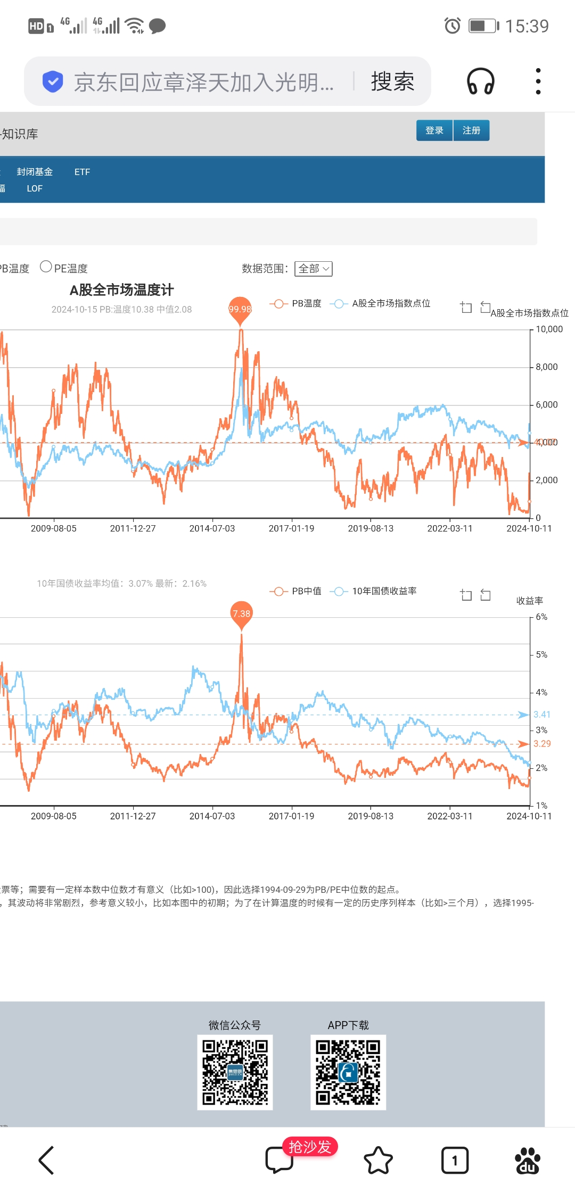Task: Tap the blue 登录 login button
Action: coord(434,131)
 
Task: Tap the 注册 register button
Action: coord(471,131)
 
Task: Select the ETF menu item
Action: coord(82,172)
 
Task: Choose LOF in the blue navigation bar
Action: coord(35,188)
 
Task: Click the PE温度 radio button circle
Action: coord(46,267)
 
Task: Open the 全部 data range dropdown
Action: coord(314,269)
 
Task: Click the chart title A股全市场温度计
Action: coord(121,290)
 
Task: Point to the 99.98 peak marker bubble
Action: coord(240,309)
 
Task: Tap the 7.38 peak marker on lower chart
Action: coord(241,613)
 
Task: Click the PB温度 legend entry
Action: coord(296,303)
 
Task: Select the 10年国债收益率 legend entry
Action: coord(374,591)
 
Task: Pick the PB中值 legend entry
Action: coord(296,591)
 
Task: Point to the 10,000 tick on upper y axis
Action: coord(549,329)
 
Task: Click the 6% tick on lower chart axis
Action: coord(541,617)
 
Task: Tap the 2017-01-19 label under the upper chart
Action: coord(291,528)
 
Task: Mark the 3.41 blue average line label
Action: coord(542,715)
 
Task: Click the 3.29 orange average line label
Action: coord(542,744)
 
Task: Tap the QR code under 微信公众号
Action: coord(235,1072)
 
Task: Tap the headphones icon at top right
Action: coord(480,81)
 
